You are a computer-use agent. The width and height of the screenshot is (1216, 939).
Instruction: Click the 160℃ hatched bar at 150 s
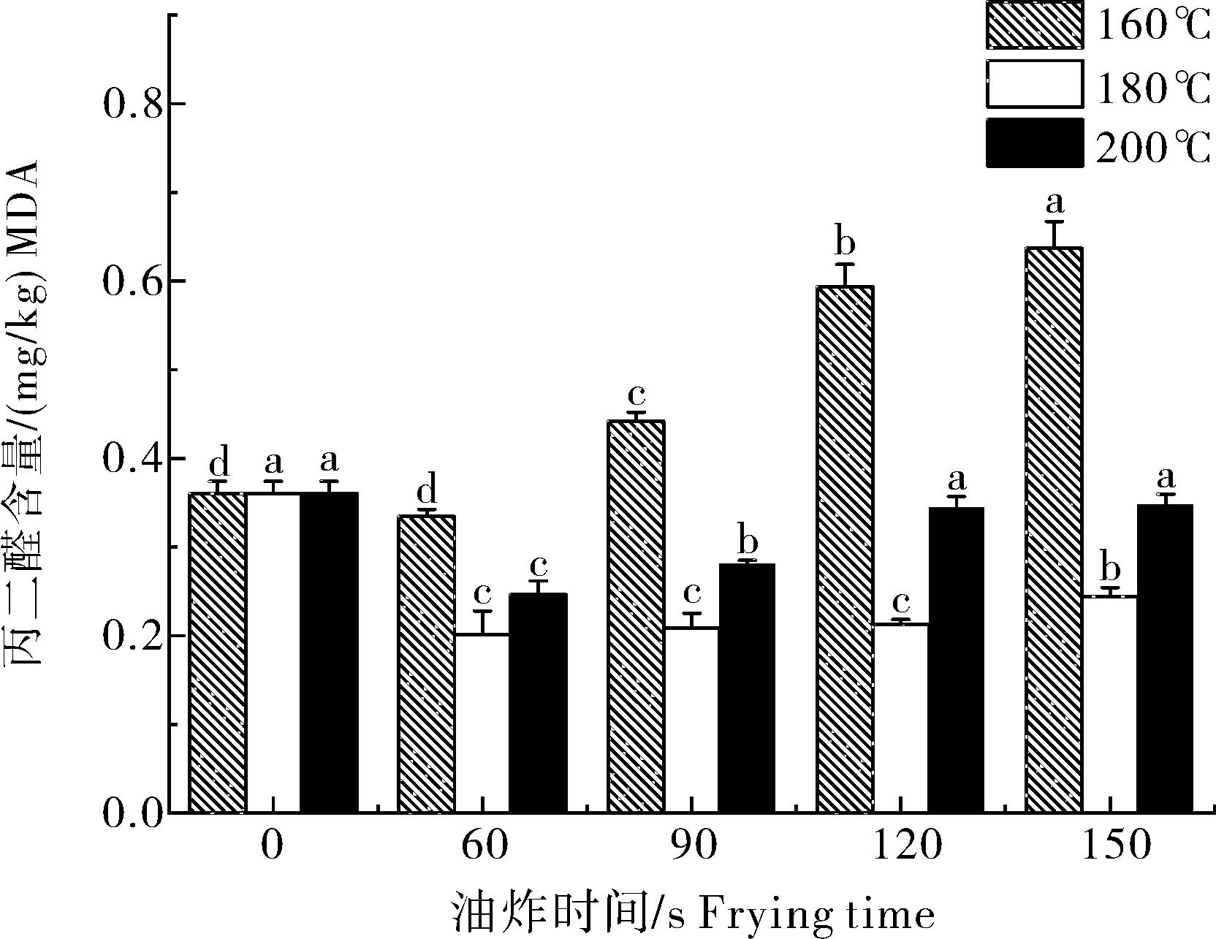[1054, 530]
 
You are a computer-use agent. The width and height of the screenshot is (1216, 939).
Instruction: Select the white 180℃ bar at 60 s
[482, 723]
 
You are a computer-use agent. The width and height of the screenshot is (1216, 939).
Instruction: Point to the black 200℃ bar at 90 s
[747, 687]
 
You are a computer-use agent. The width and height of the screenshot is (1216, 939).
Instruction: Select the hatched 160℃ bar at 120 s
[845, 549]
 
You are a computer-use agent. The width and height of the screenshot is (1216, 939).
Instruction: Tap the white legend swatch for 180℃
[1033, 84]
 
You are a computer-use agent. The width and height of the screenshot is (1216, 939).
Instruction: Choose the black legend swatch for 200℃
[1033, 143]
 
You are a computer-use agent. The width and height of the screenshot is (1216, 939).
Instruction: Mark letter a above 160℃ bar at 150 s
[1054, 200]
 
